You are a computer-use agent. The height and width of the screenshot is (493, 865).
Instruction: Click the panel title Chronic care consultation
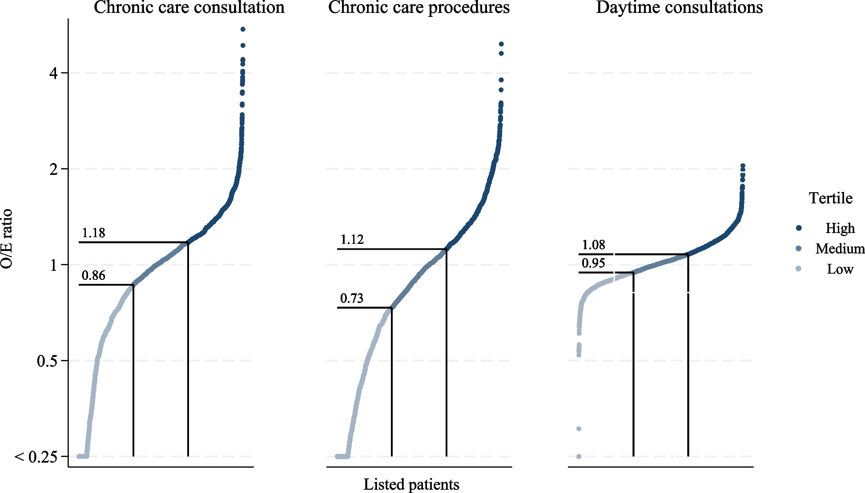tap(189, 8)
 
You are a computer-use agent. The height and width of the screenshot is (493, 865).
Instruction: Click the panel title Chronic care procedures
tap(418, 8)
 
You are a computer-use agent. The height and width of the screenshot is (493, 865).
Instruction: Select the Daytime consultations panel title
tap(679, 8)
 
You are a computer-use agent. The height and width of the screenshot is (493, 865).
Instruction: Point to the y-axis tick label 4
tap(53, 73)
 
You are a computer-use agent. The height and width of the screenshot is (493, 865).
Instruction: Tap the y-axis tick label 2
tap(53, 169)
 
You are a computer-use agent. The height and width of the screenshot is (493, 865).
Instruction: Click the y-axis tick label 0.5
tap(47, 361)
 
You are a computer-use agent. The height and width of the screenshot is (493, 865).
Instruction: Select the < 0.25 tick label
tap(36, 457)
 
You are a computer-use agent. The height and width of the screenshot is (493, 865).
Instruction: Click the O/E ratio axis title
tap(7, 239)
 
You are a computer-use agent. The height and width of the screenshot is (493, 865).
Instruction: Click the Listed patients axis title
tap(411, 484)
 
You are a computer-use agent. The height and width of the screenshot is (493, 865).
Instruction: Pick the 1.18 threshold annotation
tap(93, 233)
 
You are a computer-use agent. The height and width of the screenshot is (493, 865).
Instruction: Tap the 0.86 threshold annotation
tap(93, 275)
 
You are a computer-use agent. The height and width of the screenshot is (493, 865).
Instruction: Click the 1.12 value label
tap(352, 239)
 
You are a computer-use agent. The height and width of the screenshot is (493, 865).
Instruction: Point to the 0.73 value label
tap(352, 298)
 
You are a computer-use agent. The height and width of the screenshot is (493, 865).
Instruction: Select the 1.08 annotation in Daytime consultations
tap(593, 245)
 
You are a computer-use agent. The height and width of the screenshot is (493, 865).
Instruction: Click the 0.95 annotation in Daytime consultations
tap(593, 263)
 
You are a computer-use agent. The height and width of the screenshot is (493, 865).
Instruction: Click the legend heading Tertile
tap(830, 198)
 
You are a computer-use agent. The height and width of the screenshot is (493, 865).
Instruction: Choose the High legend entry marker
tap(799, 228)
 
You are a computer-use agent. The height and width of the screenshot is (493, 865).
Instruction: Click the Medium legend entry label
tap(840, 248)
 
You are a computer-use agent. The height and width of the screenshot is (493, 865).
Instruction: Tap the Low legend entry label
tap(840, 269)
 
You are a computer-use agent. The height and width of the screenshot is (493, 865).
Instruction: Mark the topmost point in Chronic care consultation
tap(243, 29)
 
